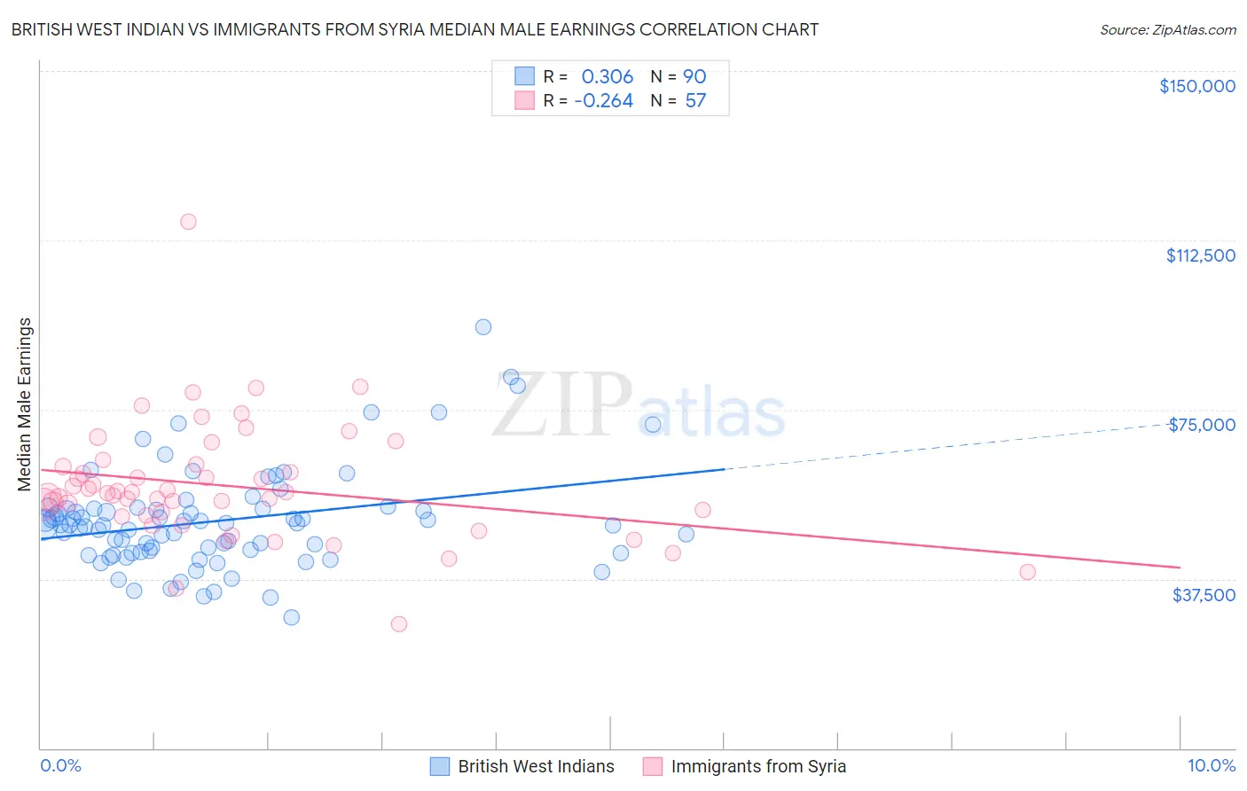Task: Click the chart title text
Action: coord(414,29)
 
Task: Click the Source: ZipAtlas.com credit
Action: coord(1167,29)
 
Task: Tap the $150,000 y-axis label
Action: coord(1196,86)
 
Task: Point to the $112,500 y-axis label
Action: coord(1200,255)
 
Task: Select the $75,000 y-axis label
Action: coord(1201,425)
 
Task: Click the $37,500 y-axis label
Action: coord(1203,595)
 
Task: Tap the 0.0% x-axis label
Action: coord(60,765)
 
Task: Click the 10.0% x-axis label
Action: coord(1211,765)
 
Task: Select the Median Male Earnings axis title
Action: coord(24,403)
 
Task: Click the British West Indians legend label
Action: coord(536,766)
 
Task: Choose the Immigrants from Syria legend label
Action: coord(758,766)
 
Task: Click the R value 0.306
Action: coord(607,76)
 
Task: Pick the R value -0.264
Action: coord(603,101)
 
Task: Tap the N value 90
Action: coord(694,76)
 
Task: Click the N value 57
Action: coord(695,101)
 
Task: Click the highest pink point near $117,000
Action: coord(188,222)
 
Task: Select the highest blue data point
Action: coord(483,327)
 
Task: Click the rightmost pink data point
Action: coord(1027,572)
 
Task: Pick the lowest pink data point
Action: coord(399,624)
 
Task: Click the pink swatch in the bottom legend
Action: coord(653,766)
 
